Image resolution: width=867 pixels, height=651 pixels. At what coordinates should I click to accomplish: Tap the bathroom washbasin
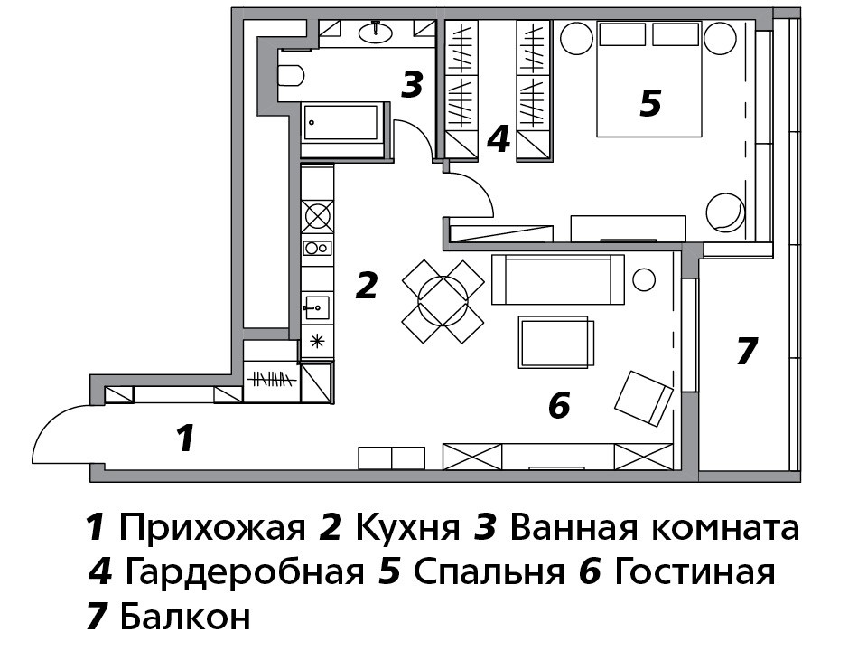[x=377, y=32]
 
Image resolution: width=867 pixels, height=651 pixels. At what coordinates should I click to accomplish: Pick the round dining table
[x=443, y=302]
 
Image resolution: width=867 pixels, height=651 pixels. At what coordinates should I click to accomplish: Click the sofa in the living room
[x=558, y=279]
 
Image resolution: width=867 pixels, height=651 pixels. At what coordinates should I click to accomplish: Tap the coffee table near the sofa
[x=555, y=342]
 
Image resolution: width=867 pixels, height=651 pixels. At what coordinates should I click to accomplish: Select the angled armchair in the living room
[x=644, y=399]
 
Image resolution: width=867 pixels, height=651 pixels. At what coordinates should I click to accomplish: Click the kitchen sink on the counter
[x=317, y=307]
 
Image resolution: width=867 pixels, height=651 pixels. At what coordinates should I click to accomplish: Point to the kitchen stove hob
[x=317, y=215]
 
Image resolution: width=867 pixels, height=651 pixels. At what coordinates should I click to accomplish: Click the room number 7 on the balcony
[x=747, y=351]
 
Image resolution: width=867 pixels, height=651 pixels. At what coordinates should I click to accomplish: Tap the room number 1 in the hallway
[x=186, y=438]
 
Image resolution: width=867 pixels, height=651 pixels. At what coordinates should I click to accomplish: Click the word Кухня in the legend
[x=407, y=528]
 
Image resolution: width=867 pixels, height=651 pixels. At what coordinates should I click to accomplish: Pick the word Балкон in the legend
[x=185, y=616]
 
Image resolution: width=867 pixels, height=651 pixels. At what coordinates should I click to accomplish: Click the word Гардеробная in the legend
[x=245, y=572]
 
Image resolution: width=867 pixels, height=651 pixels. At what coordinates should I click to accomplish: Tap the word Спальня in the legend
[x=489, y=571]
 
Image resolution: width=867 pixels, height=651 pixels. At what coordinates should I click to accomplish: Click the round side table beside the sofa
[x=644, y=279]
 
